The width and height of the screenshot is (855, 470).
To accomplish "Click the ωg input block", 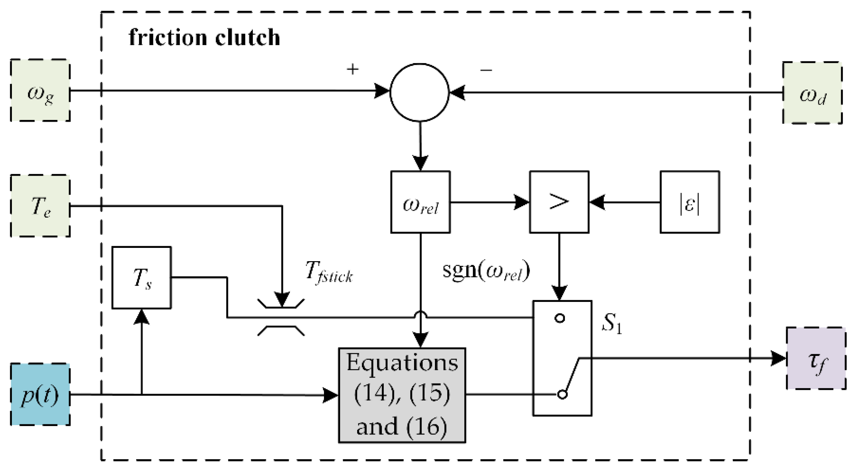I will pyautogui.click(x=40, y=91).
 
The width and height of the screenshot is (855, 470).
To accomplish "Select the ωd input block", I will pyautogui.click(x=812, y=93).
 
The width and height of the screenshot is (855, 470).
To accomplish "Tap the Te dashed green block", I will pyautogui.click(x=40, y=206).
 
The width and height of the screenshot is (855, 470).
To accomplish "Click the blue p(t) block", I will pyautogui.click(x=40, y=395).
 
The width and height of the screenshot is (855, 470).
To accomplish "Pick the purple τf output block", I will pyautogui.click(x=816, y=358).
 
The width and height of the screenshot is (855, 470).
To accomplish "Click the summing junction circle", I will pyautogui.click(x=419, y=92).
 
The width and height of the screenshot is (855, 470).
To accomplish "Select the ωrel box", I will pyautogui.click(x=420, y=202).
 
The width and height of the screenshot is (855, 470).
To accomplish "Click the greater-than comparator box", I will pyautogui.click(x=559, y=202).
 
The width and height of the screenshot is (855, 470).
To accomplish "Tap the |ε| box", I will pyautogui.click(x=690, y=202).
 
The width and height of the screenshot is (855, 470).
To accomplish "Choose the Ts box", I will pyautogui.click(x=141, y=278).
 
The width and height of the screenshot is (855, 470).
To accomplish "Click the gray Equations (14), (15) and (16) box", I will pyautogui.click(x=402, y=395).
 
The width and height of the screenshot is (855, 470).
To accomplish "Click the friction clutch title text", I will pyautogui.click(x=204, y=38).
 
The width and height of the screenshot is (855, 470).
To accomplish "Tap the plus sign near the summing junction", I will pyautogui.click(x=353, y=69).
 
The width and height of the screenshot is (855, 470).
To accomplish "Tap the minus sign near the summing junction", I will pyautogui.click(x=486, y=70).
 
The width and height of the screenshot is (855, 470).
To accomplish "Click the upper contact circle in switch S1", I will pyautogui.click(x=560, y=318).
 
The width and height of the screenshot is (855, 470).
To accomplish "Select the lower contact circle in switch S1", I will pyautogui.click(x=562, y=394).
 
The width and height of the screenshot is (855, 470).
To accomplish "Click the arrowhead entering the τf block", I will pyautogui.click(x=778, y=358).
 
